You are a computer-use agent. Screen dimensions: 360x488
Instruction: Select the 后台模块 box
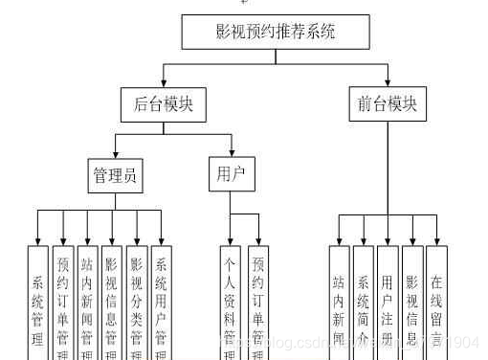pyautogui.click(x=164, y=104)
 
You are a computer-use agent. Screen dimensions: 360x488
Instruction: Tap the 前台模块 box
pyautogui.click(x=388, y=104)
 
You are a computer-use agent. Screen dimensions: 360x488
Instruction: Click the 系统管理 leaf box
pyautogui.click(x=37, y=302)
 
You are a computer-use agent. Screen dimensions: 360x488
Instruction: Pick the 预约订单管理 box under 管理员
pyautogui.click(x=63, y=302)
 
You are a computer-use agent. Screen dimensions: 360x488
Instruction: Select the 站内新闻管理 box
pyautogui.click(x=87, y=302)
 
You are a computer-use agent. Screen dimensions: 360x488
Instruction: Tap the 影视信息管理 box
pyautogui.click(x=112, y=302)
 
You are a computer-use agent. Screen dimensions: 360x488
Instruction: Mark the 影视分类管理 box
pyautogui.click(x=137, y=302)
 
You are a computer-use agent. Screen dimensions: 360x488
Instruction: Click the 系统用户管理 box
pyautogui.click(x=162, y=302)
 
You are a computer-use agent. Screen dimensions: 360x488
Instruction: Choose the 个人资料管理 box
pyautogui.click(x=231, y=302)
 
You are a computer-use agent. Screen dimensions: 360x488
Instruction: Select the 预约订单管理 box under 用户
pyautogui.click(x=257, y=302)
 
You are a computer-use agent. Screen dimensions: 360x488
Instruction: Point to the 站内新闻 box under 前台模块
pyautogui.click(x=338, y=302)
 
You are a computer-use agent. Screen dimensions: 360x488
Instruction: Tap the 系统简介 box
pyautogui.click(x=363, y=302)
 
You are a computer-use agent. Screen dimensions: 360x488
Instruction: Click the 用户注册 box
pyautogui.click(x=388, y=302)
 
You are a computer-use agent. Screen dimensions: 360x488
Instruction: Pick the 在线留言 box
pyautogui.click(x=436, y=302)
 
